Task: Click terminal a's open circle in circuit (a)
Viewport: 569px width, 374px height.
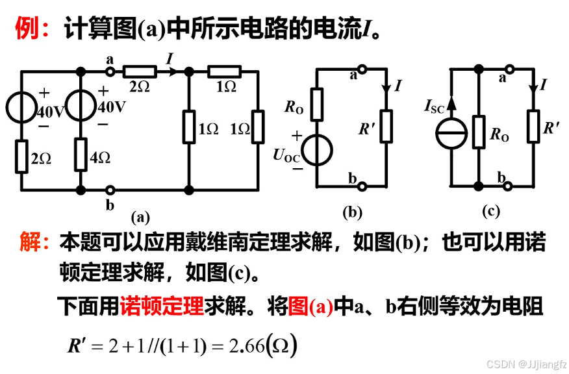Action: pyautogui.click(x=110, y=71)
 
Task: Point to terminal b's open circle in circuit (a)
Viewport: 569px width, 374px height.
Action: pyautogui.click(x=110, y=190)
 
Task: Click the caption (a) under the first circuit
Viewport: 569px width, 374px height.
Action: pyautogui.click(x=140, y=217)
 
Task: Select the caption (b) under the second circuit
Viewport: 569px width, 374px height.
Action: pyautogui.click(x=352, y=212)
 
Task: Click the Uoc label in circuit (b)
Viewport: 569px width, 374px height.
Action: pyautogui.click(x=286, y=155)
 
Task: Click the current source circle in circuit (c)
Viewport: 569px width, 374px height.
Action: pyautogui.click(x=452, y=133)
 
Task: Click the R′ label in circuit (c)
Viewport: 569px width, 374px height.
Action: pyautogui.click(x=553, y=127)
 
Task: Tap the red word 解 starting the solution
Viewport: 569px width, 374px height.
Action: pyautogui.click(x=30, y=243)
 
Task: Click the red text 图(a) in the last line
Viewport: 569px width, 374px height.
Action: pyautogui.click(x=311, y=306)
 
